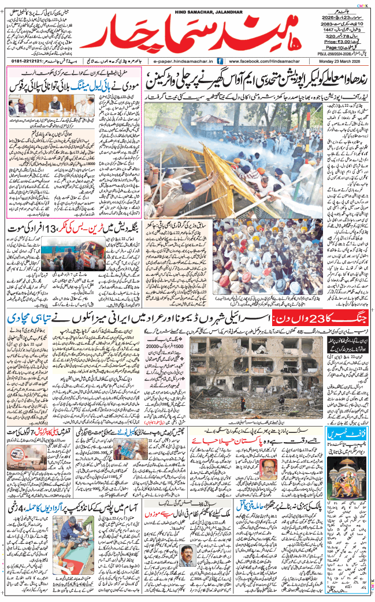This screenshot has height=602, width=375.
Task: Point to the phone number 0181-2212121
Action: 27,60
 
